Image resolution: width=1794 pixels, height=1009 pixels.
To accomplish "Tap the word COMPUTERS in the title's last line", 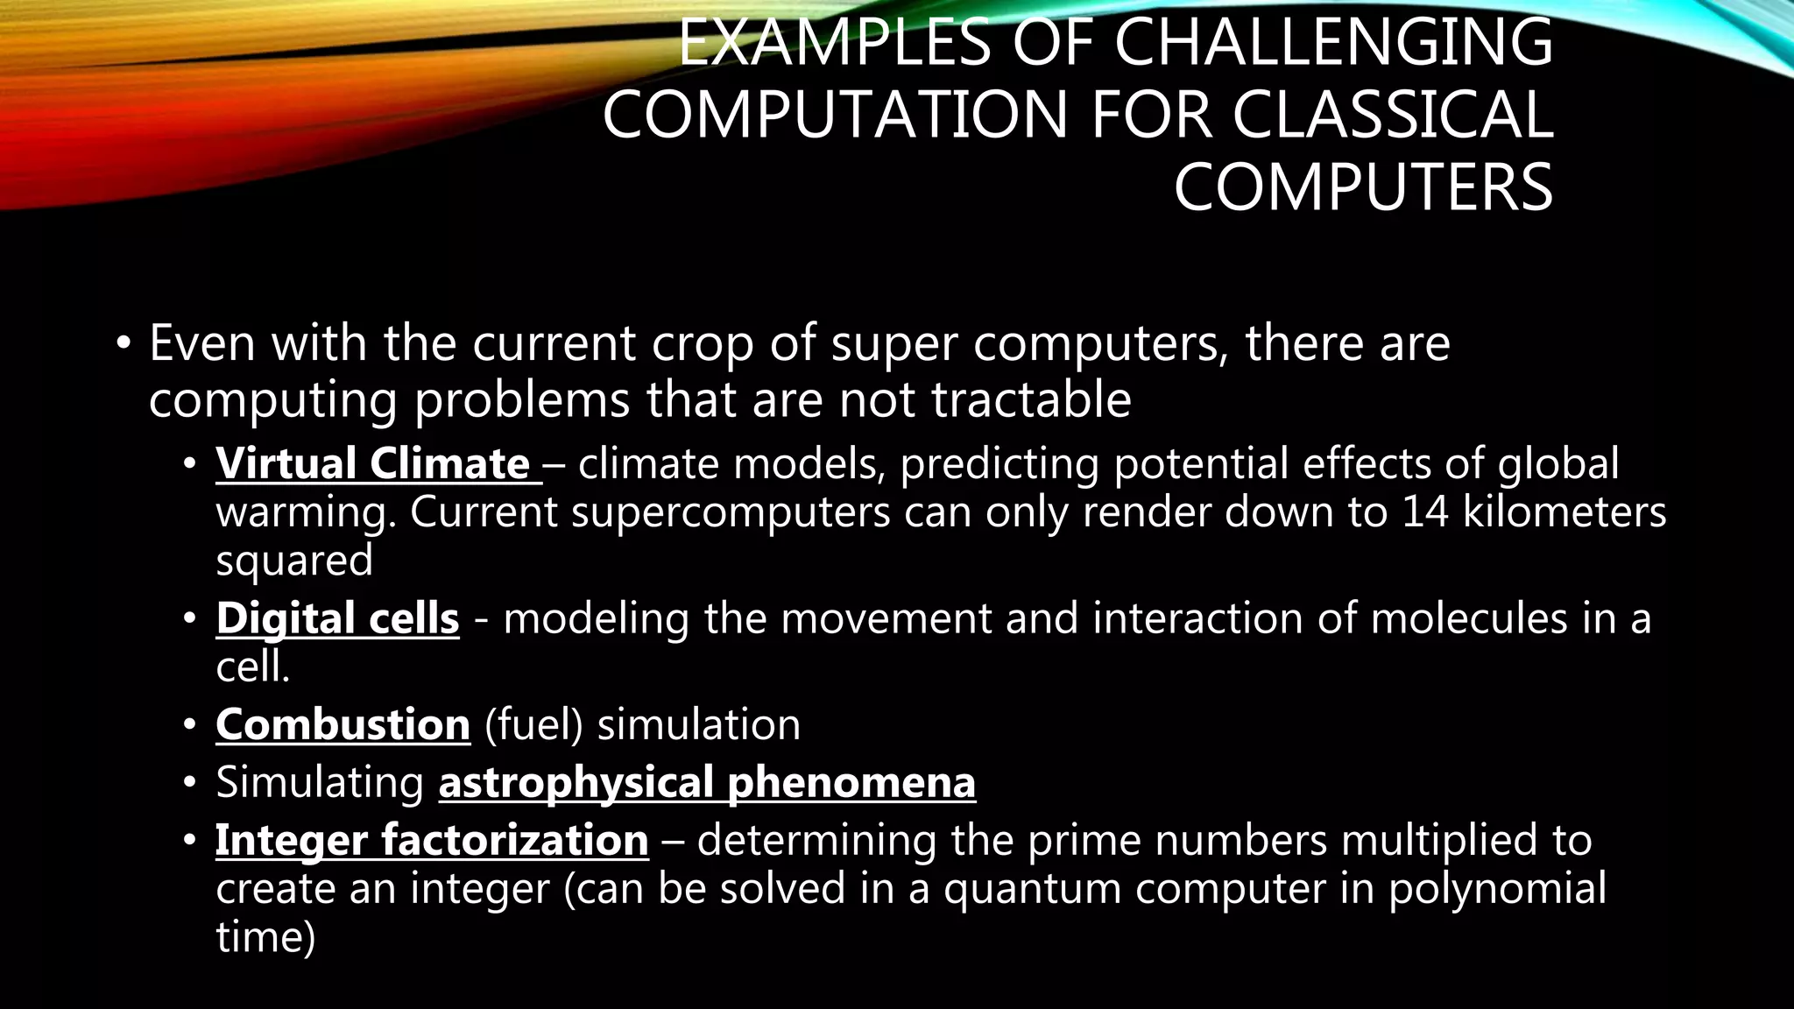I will coord(1363,187).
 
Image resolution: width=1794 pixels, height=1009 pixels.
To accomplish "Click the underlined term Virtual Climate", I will coord(374,463).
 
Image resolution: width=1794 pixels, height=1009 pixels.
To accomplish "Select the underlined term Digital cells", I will coord(337,618).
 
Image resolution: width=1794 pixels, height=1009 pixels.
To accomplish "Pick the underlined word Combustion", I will coord(343,725).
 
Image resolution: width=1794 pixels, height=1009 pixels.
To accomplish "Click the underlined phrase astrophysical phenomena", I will coord(707,782).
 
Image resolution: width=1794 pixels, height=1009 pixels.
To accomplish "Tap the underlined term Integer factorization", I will coord(432,840).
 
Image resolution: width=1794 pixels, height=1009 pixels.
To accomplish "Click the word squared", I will coord(294,561).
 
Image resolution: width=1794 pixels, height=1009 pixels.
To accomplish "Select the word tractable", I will coord(1031,400).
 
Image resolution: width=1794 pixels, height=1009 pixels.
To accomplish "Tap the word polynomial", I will coord(1497,889).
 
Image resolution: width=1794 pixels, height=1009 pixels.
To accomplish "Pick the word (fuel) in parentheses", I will coord(533,725).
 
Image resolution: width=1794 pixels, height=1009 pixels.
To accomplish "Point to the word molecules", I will coord(1468,618).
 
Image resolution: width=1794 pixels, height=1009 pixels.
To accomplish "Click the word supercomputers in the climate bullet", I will coord(731,512).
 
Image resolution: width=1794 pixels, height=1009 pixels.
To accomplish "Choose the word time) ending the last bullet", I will coord(265,937).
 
